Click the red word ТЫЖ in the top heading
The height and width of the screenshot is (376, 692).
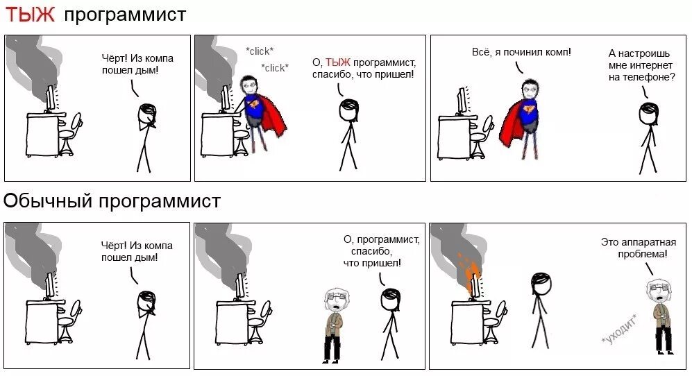click(x=30, y=15)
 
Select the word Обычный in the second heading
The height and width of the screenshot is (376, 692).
click(x=48, y=201)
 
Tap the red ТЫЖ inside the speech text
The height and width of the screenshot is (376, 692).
click(x=337, y=62)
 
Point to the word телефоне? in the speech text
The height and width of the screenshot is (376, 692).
click(x=649, y=77)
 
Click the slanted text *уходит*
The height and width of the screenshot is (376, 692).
click(x=620, y=330)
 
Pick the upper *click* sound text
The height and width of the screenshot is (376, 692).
click(x=260, y=51)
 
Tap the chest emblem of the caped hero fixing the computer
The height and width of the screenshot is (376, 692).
click(x=255, y=104)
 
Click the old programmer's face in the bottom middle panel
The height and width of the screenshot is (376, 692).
click(x=334, y=301)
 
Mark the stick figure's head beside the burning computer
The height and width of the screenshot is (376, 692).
click(x=541, y=284)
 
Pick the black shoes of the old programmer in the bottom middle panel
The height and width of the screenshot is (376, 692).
click(x=331, y=360)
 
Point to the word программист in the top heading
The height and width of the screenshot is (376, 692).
click(x=125, y=15)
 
